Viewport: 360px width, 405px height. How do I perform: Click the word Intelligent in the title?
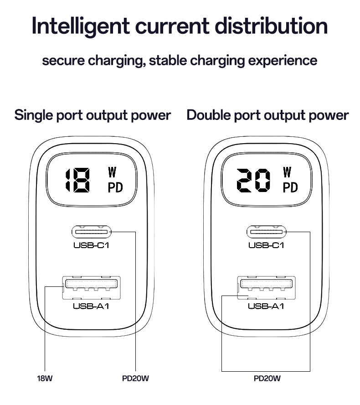pyautogui.click(x=81, y=26)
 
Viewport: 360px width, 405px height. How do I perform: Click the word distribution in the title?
pyautogui.click(x=271, y=26)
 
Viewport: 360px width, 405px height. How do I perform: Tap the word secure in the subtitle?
pyautogui.click(x=63, y=61)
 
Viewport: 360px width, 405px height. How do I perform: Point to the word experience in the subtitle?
pyautogui.click(x=283, y=61)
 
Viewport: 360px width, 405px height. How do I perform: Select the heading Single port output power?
pyautogui.click(x=93, y=115)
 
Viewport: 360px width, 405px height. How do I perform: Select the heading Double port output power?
pyautogui.click(x=267, y=115)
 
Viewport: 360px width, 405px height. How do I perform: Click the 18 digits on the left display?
pyautogui.click(x=77, y=180)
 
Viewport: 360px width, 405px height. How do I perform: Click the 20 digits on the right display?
pyautogui.click(x=253, y=180)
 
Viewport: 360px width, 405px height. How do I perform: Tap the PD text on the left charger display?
pyautogui.click(x=115, y=187)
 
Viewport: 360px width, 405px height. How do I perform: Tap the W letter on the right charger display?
pyautogui.click(x=287, y=172)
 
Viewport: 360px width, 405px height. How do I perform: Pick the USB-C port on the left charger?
pyautogui.click(x=91, y=232)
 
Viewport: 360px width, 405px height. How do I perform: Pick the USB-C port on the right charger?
pyautogui.click(x=266, y=232)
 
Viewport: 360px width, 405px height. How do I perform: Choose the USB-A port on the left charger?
pyautogui.click(x=91, y=288)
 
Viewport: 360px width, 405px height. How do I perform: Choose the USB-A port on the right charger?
pyautogui.click(x=266, y=288)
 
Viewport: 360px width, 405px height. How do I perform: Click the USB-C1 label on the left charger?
pyautogui.click(x=91, y=245)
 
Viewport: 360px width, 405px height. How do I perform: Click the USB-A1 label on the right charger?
pyautogui.click(x=266, y=306)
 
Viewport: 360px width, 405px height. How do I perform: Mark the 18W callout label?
pyautogui.click(x=45, y=379)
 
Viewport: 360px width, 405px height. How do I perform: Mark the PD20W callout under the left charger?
pyautogui.click(x=135, y=379)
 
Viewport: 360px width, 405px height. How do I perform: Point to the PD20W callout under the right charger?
pyautogui.click(x=267, y=379)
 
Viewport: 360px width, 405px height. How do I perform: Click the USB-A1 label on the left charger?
pyautogui.click(x=91, y=306)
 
